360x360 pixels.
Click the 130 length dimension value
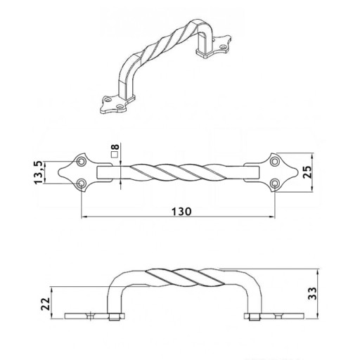(x=181, y=212)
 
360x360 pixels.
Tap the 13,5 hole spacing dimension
(x=39, y=172)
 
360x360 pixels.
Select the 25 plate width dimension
(x=307, y=172)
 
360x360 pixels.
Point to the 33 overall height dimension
(x=312, y=293)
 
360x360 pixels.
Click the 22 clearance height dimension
(x=46, y=304)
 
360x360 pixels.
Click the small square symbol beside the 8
(x=114, y=155)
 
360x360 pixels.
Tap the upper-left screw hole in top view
(x=82, y=162)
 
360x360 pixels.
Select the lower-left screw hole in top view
(x=82, y=183)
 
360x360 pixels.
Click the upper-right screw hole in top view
(x=274, y=162)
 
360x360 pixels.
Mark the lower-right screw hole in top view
(x=274, y=183)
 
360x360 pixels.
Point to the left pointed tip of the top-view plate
(x=58, y=172)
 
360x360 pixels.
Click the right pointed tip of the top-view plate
(x=297, y=172)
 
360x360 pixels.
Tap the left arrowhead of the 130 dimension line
(x=84, y=217)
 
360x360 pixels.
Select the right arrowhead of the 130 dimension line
(x=272, y=217)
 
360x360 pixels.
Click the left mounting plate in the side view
(x=94, y=316)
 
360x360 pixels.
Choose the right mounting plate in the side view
(x=274, y=316)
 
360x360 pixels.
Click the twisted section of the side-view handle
(x=185, y=278)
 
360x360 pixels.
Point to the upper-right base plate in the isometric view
(x=214, y=47)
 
